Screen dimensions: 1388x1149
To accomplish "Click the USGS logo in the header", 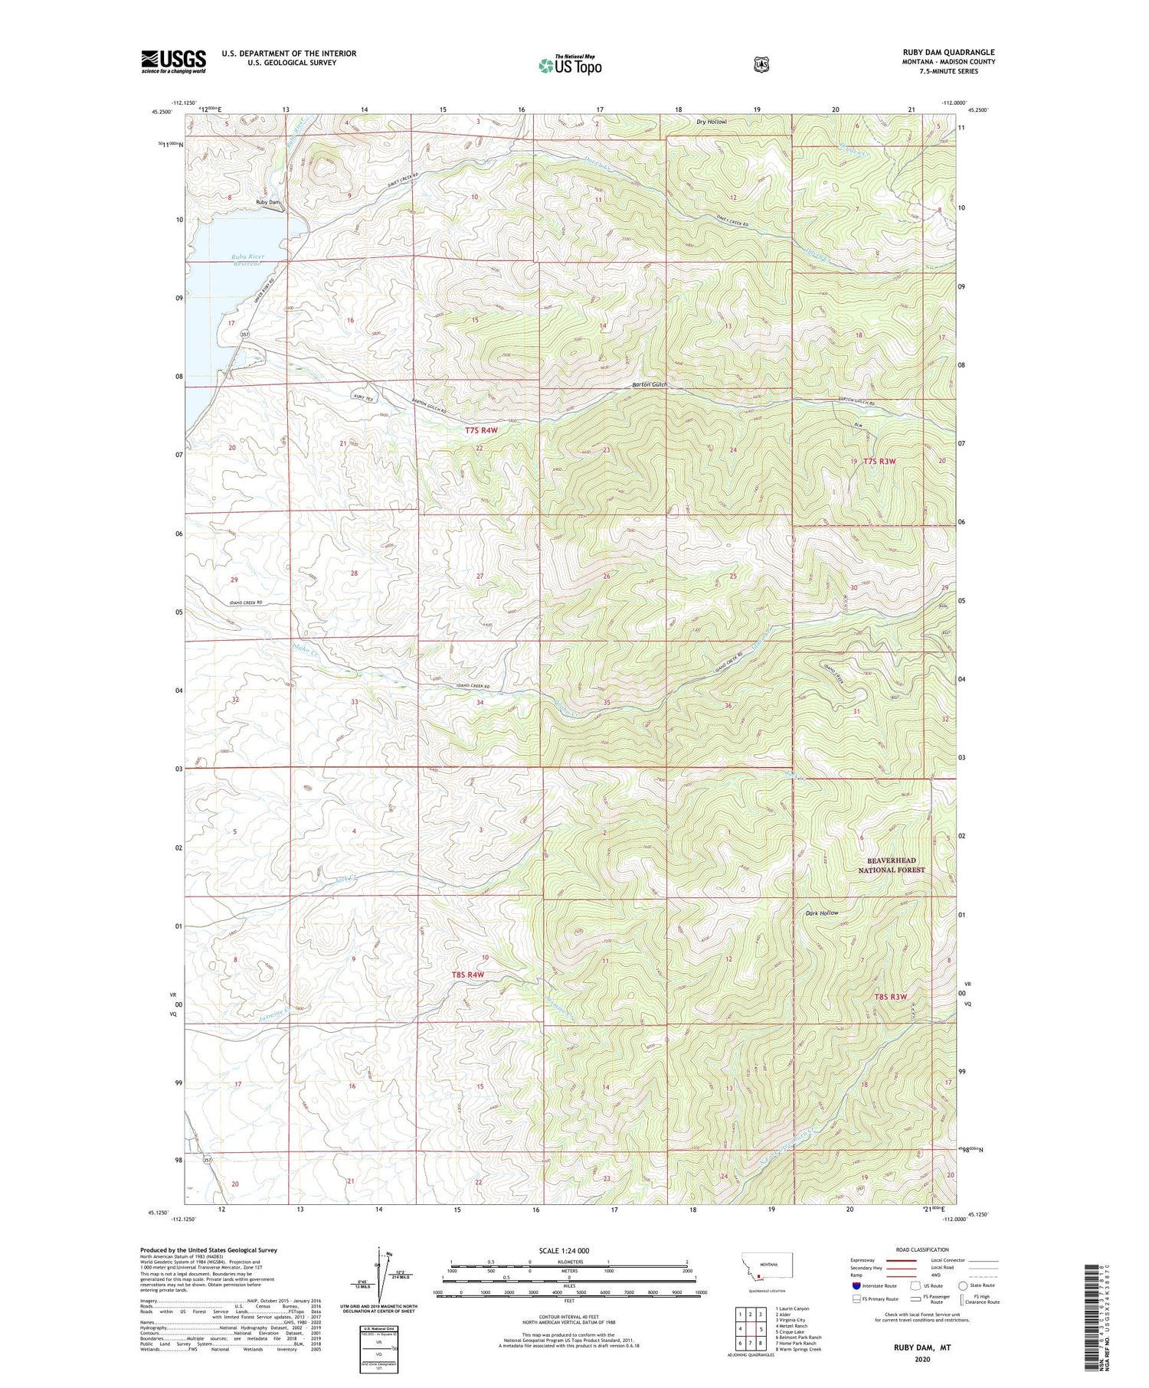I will click(x=173, y=60).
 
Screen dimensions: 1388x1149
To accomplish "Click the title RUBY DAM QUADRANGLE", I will click(x=948, y=52).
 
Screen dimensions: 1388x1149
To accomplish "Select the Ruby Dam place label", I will click(x=268, y=202).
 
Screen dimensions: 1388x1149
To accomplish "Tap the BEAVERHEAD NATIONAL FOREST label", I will click(x=891, y=865).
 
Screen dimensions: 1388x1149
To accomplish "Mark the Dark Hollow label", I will click(x=821, y=913).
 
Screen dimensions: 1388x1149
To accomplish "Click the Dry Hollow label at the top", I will click(x=711, y=122).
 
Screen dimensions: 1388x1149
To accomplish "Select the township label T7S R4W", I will click(x=481, y=430).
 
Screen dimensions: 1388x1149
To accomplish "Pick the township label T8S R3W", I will click(x=891, y=997).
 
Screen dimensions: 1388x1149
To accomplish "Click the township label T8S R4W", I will click(x=467, y=975).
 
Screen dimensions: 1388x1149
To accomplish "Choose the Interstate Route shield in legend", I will click(x=856, y=1285).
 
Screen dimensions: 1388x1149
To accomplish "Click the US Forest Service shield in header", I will click(x=761, y=65).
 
